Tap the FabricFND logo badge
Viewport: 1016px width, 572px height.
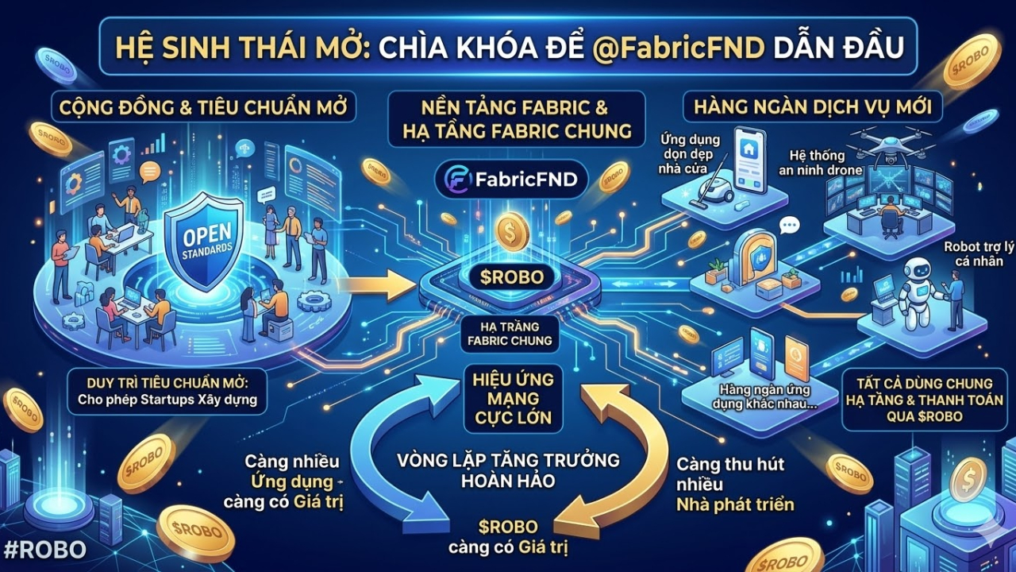point(510,179)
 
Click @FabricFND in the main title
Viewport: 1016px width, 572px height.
point(678,46)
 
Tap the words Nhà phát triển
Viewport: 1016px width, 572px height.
point(734,504)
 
